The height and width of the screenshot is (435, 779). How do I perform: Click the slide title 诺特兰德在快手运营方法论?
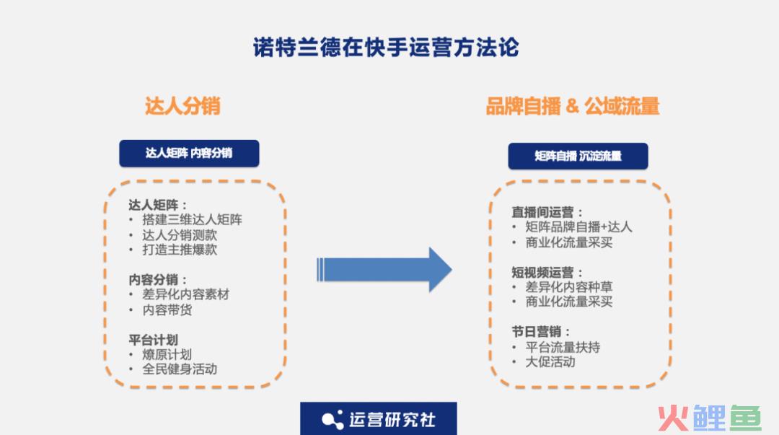coord(386,48)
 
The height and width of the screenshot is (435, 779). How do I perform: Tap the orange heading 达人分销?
coord(182,106)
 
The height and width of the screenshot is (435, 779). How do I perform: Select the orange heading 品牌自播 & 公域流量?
coord(572,106)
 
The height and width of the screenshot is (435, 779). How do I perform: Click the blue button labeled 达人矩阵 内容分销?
coord(189,153)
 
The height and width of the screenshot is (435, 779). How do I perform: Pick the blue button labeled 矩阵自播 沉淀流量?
coord(578,156)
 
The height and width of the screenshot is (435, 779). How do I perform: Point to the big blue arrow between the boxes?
coord(384,270)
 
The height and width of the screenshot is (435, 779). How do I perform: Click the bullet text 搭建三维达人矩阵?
coord(193,219)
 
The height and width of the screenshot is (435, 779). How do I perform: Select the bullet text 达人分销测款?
coord(180,234)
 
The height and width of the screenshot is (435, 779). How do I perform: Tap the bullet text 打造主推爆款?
coord(180,250)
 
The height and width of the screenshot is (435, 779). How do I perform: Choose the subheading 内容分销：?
coord(158,279)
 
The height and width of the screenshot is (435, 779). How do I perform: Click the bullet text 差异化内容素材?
coord(186,294)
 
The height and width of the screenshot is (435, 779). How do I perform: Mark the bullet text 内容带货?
coord(167,309)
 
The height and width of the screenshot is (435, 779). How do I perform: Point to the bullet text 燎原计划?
coord(167,354)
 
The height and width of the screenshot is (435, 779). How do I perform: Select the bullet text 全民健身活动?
coord(180,369)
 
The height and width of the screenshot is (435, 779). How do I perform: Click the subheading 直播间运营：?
coord(547,212)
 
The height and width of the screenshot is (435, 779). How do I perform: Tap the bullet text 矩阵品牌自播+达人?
coord(578,227)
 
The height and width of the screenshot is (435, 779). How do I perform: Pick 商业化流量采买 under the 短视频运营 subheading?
coord(569,302)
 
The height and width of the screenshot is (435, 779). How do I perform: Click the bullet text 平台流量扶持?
coord(563,347)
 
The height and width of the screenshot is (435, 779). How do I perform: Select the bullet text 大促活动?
coord(550,362)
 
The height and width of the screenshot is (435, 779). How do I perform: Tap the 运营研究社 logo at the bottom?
coord(379,419)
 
